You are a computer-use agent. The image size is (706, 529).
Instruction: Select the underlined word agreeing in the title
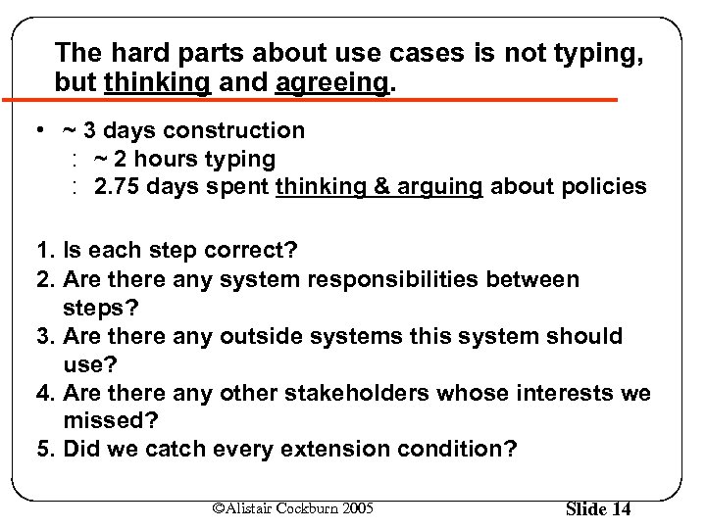point(331,82)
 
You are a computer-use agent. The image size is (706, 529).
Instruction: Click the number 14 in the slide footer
point(619,508)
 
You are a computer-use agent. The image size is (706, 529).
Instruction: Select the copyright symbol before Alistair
point(218,506)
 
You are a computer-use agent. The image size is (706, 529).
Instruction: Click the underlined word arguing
point(439,186)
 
